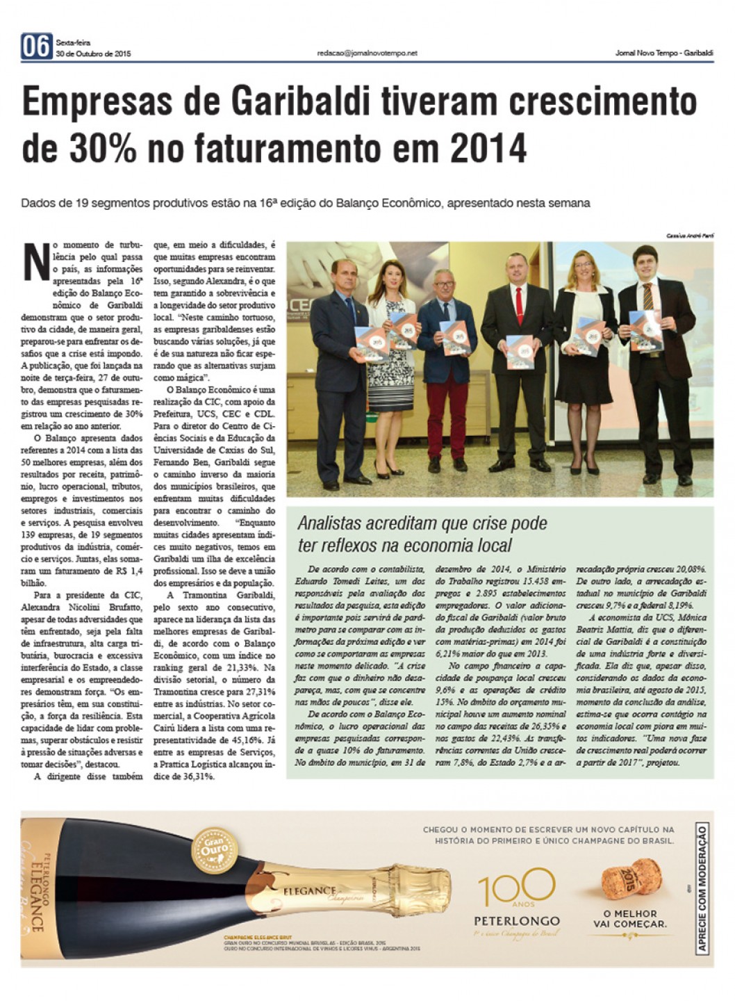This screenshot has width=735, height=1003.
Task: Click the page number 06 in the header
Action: (x=36, y=47)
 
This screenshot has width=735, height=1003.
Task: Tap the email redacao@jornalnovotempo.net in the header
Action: (x=367, y=53)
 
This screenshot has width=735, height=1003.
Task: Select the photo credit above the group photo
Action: (x=690, y=236)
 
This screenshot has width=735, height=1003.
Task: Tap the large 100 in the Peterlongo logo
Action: (x=515, y=888)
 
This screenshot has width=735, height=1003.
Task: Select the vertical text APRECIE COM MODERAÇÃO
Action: (x=702, y=888)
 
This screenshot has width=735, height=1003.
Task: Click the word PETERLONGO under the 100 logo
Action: (x=516, y=921)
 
